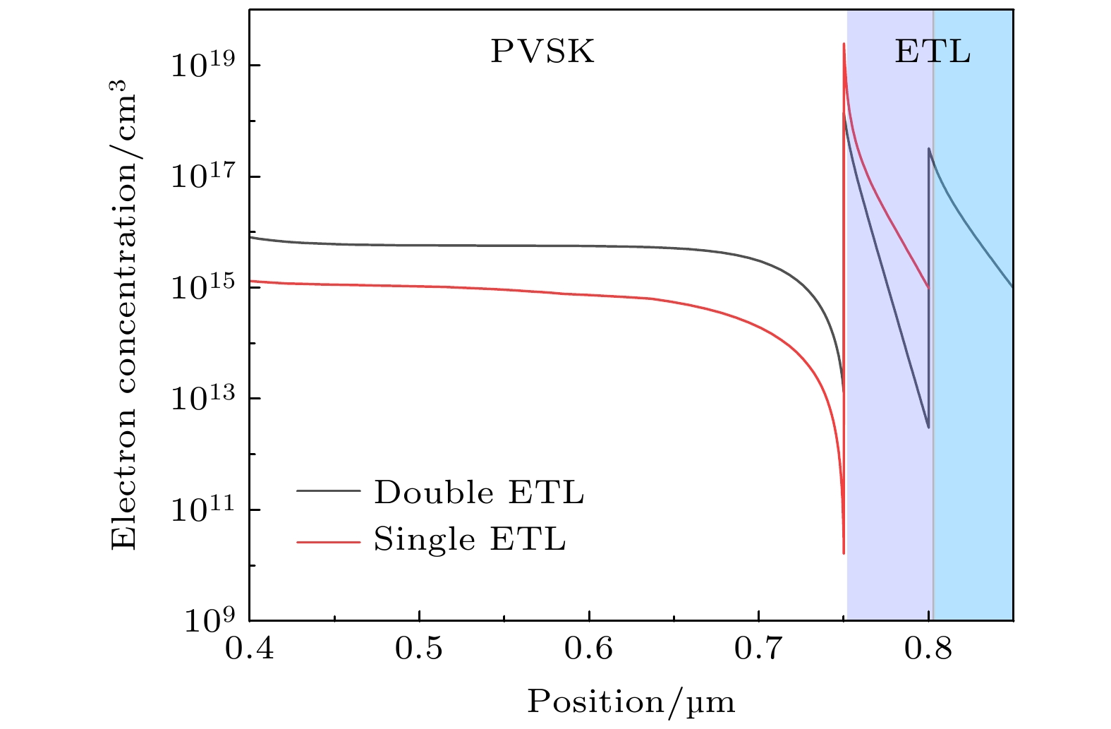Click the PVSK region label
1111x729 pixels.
[x=542, y=52]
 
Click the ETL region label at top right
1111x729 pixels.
[x=933, y=52]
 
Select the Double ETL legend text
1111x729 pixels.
[x=479, y=493]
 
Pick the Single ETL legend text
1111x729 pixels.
[x=470, y=540]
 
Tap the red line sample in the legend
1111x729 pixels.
[x=328, y=541]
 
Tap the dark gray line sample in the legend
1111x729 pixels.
[x=328, y=492]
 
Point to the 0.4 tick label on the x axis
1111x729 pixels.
[x=250, y=648]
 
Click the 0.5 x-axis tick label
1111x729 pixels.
[x=419, y=648]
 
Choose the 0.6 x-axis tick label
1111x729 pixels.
[x=589, y=648]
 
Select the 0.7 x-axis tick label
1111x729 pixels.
[x=758, y=648]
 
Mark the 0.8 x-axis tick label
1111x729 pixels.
[x=928, y=648]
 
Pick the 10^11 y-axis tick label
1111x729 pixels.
[x=206, y=509]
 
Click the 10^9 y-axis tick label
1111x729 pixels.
[x=212, y=620]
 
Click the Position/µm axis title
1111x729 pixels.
[x=631, y=701]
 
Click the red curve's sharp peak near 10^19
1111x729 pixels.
[x=844, y=44]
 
